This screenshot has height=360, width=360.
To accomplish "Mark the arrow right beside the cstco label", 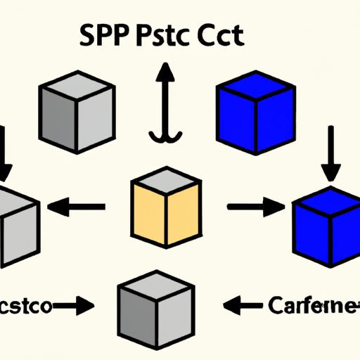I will (x=74, y=305).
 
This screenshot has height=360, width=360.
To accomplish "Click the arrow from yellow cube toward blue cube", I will (x=254, y=207).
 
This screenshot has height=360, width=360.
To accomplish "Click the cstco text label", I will (x=25, y=306).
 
